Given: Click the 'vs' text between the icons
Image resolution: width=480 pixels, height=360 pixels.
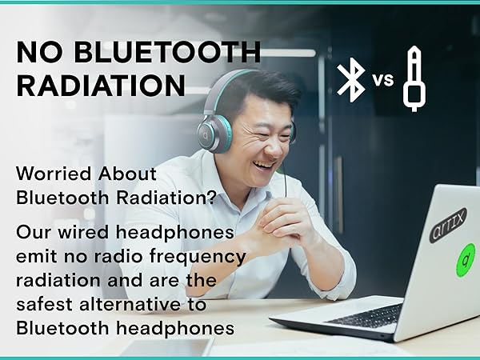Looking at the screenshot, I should click(x=383, y=80).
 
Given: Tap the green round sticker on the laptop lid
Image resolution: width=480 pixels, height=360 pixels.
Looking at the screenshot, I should click(x=465, y=261).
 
